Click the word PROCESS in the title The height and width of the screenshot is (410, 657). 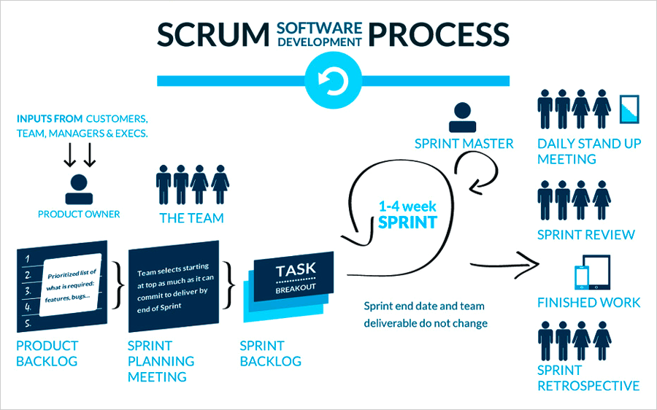click(439, 34)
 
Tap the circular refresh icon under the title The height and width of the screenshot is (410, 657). click(328, 80)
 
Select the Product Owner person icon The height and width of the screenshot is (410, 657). click(79, 188)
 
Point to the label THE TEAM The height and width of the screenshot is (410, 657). click(192, 217)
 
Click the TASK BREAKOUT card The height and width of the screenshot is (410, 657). click(295, 276)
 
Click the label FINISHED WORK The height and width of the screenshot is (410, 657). click(588, 302)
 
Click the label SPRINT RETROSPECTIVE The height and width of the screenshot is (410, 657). click(588, 378)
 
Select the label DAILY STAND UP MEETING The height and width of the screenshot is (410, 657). click(588, 151)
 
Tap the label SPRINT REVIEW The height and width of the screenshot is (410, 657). click(585, 235)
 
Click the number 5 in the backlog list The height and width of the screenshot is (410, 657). click(27, 322)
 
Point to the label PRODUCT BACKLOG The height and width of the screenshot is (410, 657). click(47, 352)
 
